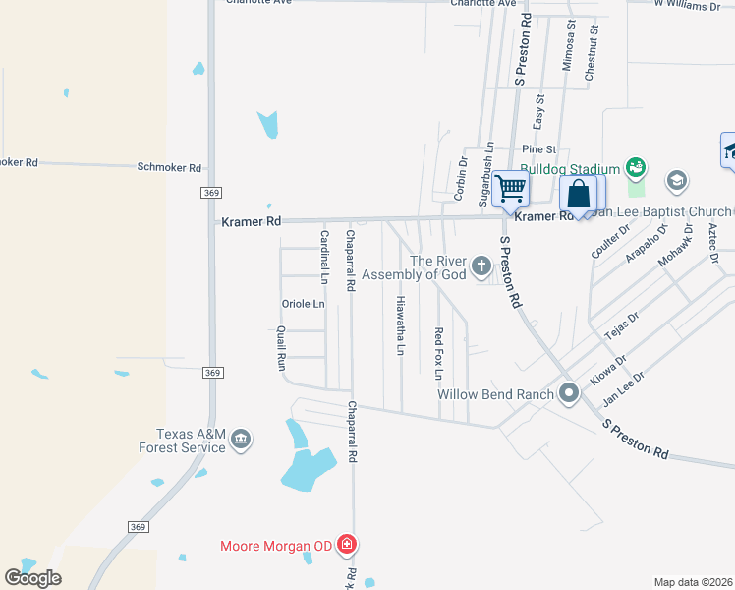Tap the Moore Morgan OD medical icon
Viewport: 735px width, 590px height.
point(346,544)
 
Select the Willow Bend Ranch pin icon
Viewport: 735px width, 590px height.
point(569,394)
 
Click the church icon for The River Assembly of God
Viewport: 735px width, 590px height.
point(481,265)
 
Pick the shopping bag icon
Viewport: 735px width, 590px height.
point(579,193)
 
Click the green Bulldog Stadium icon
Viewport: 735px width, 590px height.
point(635,168)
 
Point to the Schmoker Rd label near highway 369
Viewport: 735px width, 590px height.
point(169,168)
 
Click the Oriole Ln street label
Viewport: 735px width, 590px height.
point(303,304)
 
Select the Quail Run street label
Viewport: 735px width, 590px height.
point(281,348)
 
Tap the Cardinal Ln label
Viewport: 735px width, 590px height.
point(324,253)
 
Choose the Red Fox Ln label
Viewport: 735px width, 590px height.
point(438,353)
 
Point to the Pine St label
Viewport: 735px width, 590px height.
point(539,149)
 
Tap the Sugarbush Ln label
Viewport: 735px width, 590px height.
point(487,174)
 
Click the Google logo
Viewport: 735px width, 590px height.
point(32,578)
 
